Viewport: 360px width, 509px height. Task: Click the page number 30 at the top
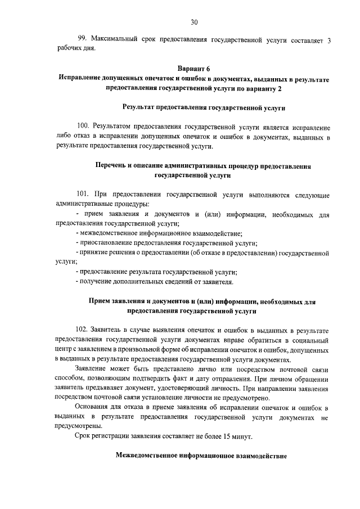click(194, 22)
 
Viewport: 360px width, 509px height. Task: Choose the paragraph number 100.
click(84, 127)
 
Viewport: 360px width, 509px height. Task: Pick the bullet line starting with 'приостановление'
click(166, 243)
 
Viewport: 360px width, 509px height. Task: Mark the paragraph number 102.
click(84, 330)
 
